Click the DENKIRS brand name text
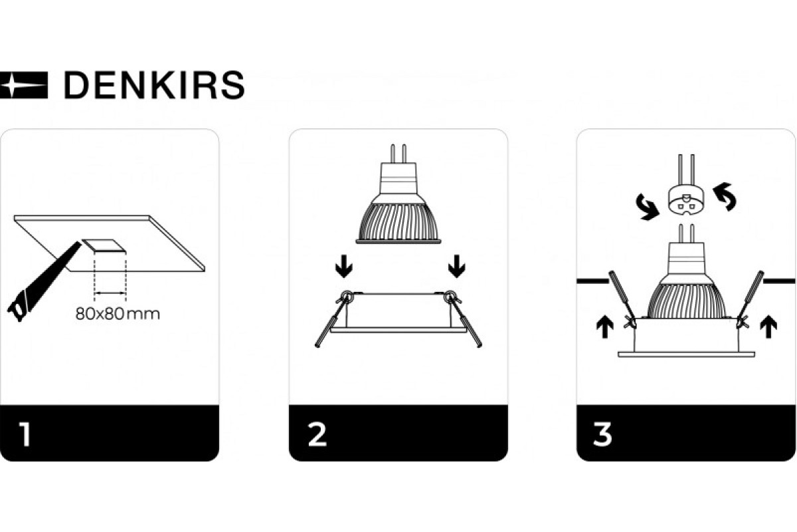154,85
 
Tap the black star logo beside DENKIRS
23,85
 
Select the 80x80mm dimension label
118,314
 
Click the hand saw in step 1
44,281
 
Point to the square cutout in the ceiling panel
104,246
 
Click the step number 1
25,434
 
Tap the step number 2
317,434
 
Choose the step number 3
602,434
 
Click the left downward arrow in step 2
344,266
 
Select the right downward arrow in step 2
456,266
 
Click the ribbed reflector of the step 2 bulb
398,222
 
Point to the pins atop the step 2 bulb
398,153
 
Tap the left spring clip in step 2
332,318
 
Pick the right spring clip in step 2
464,318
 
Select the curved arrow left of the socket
648,207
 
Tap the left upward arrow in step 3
604,327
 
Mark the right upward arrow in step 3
768,327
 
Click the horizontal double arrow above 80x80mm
110,293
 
